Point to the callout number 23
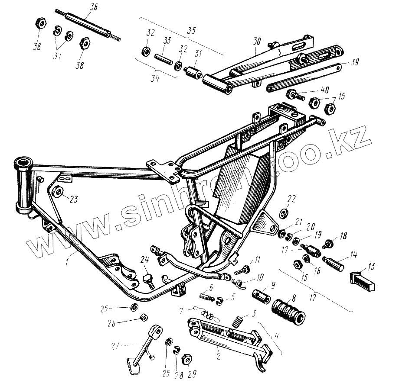click(x=74, y=199)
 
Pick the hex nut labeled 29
click(x=187, y=359)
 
